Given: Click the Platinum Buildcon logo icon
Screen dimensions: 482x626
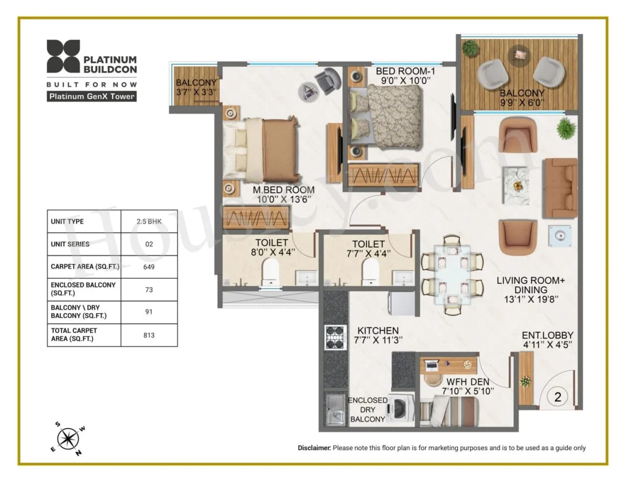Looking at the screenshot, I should (63, 56).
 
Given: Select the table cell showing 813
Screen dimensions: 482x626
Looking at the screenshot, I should (149, 335).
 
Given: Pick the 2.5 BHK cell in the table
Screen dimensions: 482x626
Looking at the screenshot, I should (149, 221).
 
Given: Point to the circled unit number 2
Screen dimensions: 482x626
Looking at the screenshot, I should (558, 397).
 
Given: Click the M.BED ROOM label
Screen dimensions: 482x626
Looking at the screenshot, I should (284, 194).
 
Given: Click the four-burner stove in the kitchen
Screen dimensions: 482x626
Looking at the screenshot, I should (335, 337).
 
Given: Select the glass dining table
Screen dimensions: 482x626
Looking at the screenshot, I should (452, 275).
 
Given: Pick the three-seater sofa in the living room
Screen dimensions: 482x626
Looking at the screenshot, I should (560, 188).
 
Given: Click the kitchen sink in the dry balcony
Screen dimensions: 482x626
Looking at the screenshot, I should (335, 410).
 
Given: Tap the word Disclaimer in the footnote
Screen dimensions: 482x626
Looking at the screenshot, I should (314, 448).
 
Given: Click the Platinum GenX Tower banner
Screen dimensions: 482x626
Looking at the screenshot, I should (91, 96).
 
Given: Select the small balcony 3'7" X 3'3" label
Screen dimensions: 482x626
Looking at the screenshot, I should (196, 87).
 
